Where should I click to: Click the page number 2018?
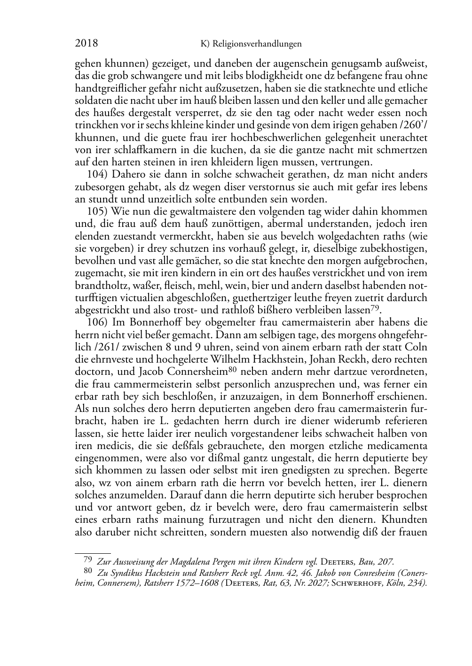(87, 44)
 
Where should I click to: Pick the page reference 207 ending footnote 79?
(386, 561)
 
